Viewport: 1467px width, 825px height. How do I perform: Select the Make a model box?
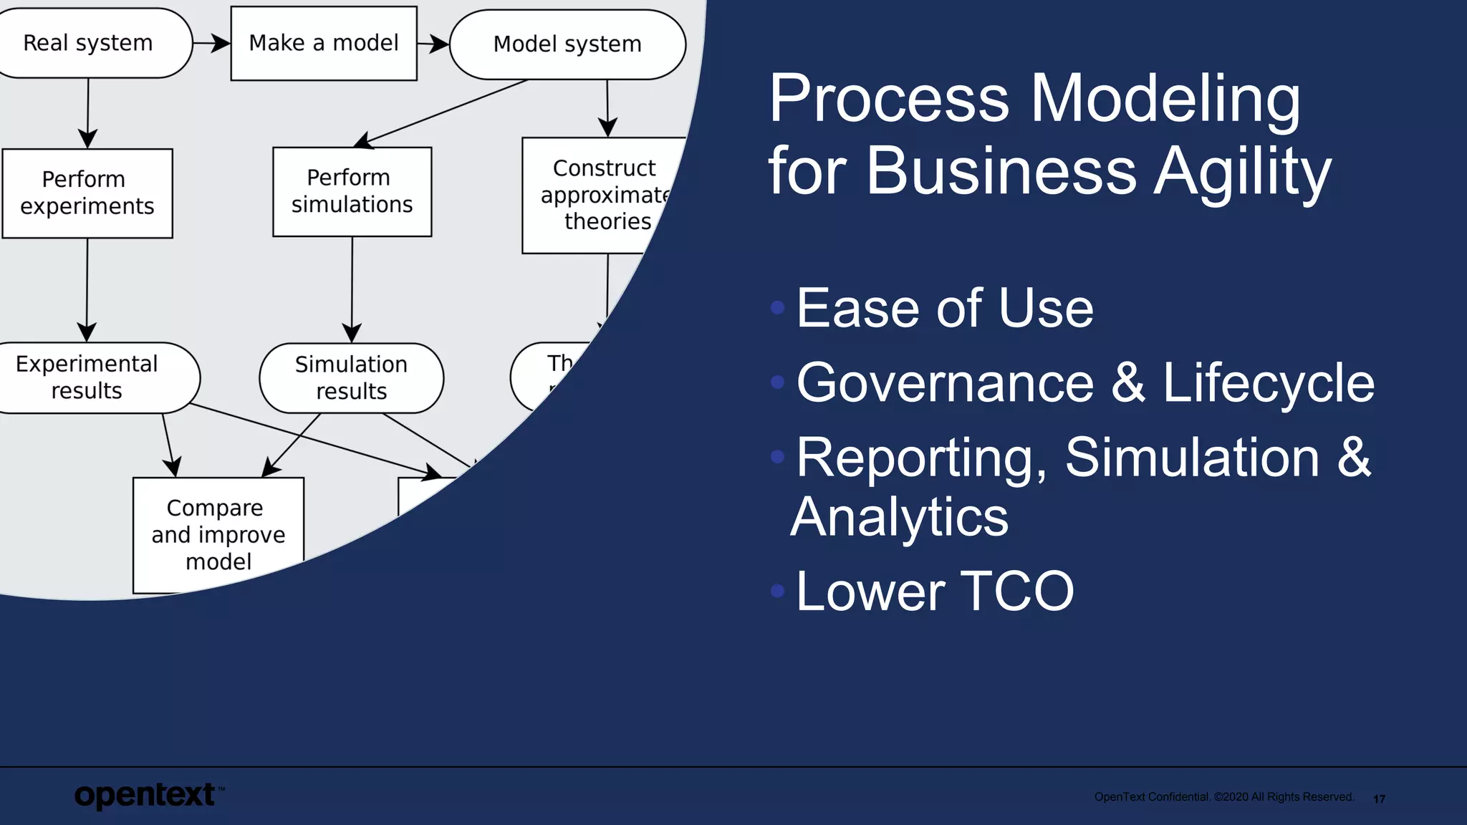click(324, 43)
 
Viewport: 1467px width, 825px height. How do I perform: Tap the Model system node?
click(567, 44)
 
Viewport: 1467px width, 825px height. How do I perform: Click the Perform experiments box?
click(87, 193)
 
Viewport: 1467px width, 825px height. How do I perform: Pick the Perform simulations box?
click(352, 191)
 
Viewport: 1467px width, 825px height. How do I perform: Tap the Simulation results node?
click(351, 378)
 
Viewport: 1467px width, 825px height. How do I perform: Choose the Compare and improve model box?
click(218, 534)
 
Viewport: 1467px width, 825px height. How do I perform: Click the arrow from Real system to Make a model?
click(212, 44)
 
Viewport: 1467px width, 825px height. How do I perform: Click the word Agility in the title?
click(1242, 173)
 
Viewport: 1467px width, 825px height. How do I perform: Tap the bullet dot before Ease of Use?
click(778, 308)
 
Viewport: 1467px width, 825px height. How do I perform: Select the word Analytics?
click(900, 517)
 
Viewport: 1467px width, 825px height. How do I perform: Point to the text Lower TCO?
click(935, 592)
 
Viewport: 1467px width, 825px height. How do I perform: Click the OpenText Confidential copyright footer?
click(1223, 797)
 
